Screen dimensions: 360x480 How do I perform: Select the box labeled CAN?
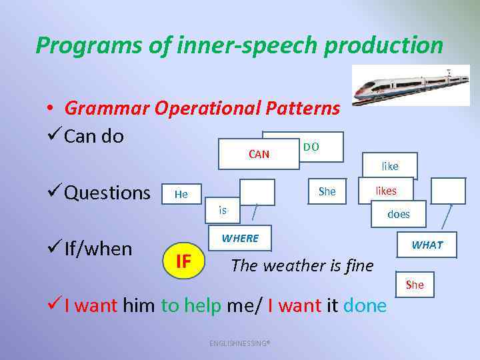click(x=259, y=155)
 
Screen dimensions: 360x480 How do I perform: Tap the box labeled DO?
click(x=311, y=146)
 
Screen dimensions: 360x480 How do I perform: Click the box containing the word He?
click(x=181, y=194)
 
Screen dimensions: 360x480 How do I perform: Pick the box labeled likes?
click(x=385, y=191)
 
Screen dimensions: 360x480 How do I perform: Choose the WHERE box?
click(x=240, y=238)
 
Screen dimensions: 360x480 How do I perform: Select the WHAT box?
click(x=427, y=245)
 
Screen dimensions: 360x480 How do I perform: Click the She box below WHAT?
click(x=414, y=285)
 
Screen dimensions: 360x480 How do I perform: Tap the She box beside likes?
click(x=327, y=191)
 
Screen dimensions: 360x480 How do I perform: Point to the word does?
click(x=399, y=214)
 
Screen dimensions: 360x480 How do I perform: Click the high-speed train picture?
click(x=410, y=85)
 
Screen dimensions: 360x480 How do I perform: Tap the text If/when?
click(x=98, y=249)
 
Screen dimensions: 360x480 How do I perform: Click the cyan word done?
click(x=365, y=306)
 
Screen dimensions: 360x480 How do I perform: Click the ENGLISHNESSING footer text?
click(x=239, y=343)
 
